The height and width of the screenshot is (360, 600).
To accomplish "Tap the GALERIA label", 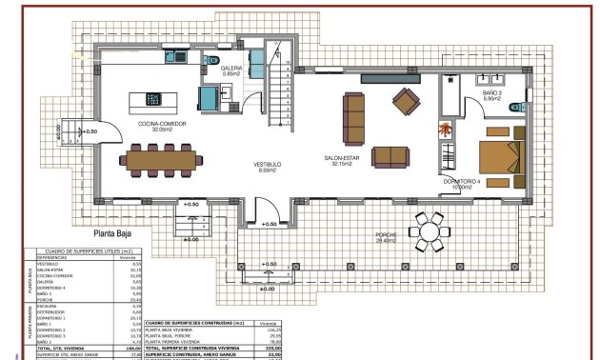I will coord(231,70).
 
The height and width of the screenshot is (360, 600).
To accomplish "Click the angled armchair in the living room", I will coord(407,99).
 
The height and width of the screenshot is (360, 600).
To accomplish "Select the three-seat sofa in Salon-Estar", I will coord(354,115).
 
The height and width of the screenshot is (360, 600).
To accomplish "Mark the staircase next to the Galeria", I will coord(276,86).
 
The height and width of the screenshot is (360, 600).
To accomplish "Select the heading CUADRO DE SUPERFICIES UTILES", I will coord(78,250).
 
